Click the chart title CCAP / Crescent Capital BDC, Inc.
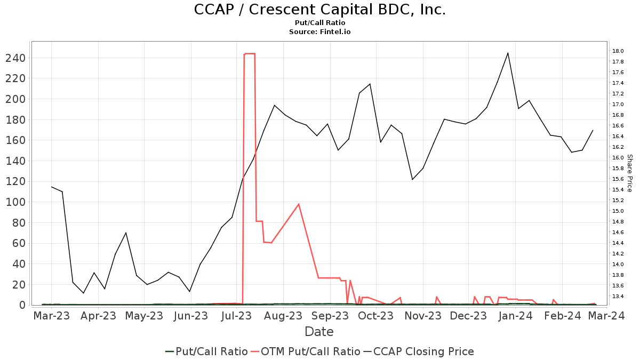point(319,10)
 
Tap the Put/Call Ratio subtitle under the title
point(319,23)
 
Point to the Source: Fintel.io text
point(319,32)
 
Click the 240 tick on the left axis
point(15,58)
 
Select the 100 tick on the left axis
point(15,202)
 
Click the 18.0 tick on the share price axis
point(618,51)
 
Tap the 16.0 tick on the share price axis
point(618,158)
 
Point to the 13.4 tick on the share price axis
point(618,297)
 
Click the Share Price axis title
point(629,173)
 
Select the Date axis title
point(319,332)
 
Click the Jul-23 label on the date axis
point(235,316)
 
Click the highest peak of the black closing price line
point(508,53)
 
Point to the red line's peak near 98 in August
point(299,204)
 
